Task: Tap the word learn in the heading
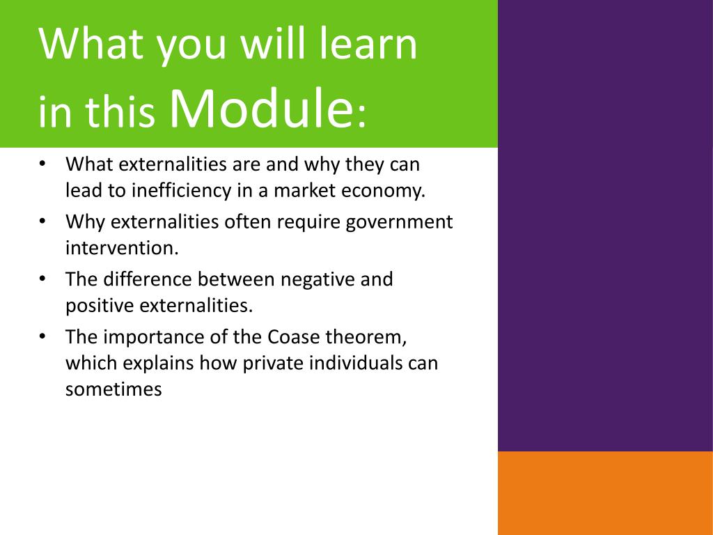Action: (368, 44)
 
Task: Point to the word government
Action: (399, 223)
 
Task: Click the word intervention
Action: (122, 248)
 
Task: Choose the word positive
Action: (100, 306)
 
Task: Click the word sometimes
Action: (113, 390)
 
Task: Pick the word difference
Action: (148, 279)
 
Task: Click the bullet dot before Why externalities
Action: (42, 221)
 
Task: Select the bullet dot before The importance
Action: (42, 336)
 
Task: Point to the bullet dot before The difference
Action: (42, 279)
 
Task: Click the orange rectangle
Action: (605, 493)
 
